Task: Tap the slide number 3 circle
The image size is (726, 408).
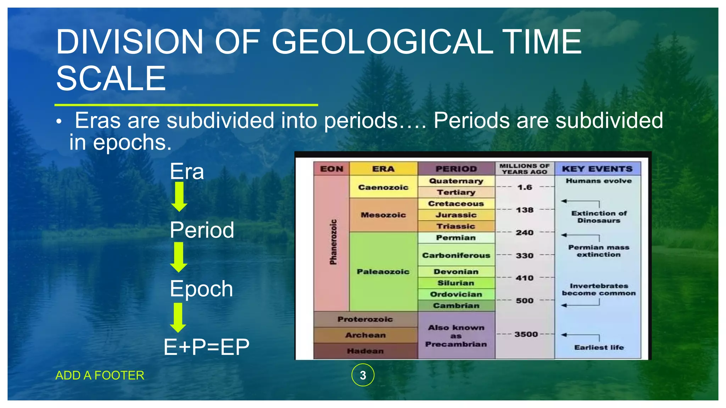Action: click(363, 375)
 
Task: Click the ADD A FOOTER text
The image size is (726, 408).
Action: click(100, 375)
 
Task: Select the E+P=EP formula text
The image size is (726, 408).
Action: click(206, 347)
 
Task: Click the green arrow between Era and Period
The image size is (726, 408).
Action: click(179, 197)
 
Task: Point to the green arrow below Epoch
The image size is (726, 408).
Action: click(178, 317)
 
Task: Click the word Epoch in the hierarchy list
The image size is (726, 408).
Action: click(201, 289)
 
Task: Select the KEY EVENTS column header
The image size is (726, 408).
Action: click(597, 169)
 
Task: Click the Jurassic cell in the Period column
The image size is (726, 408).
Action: click(456, 215)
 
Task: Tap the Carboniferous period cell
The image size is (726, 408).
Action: click(456, 255)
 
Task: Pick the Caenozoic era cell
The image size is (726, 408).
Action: click(383, 187)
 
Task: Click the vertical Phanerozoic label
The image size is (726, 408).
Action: click(333, 242)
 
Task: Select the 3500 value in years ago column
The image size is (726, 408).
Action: click(526, 334)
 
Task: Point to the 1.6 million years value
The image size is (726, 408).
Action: click(525, 187)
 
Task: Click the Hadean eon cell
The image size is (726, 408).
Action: click(365, 351)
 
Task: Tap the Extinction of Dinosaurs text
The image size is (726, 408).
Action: click(599, 217)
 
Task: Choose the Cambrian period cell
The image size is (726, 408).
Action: click(456, 306)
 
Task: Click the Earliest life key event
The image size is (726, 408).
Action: click(599, 347)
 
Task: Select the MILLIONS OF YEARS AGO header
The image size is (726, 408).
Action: click(524, 169)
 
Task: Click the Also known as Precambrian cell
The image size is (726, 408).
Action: click(456, 336)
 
